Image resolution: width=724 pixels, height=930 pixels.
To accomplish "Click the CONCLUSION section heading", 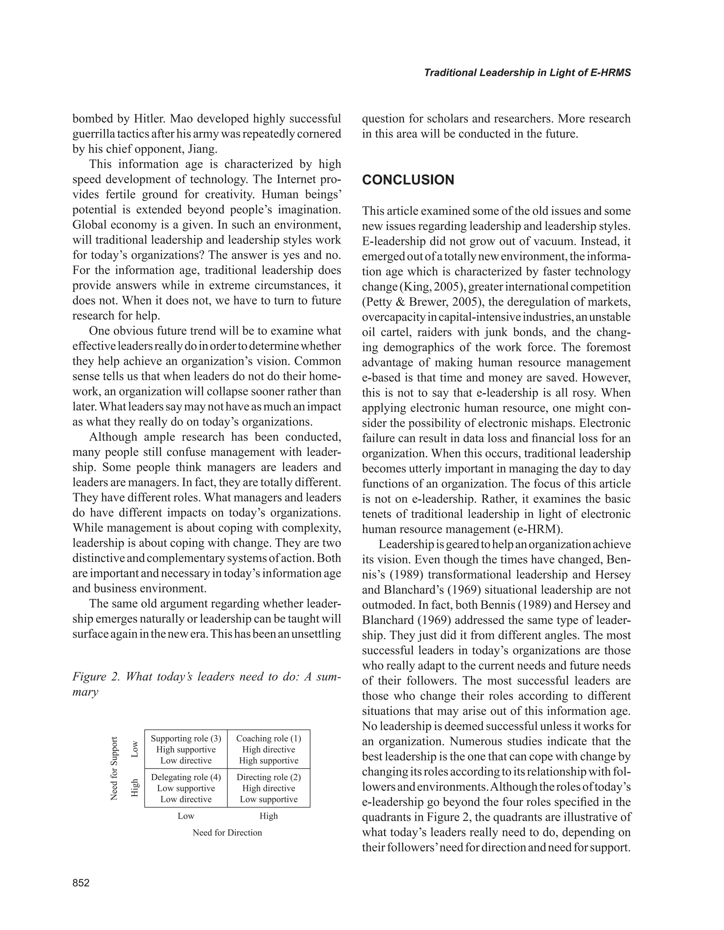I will click(408, 180).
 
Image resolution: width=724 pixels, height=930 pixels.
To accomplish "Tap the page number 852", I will click(81, 883).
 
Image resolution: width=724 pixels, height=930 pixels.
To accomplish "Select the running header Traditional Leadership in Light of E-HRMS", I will click(527, 73).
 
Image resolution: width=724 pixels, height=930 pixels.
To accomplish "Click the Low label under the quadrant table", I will click(186, 816).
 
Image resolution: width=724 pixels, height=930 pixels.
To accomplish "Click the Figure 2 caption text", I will click(207, 684).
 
